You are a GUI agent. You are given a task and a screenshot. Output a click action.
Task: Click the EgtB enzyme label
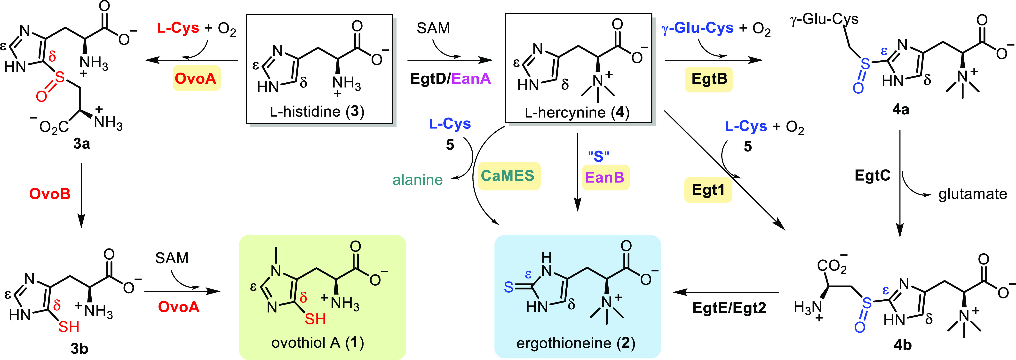point(709,79)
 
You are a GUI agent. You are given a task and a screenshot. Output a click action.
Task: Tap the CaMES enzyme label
point(508,176)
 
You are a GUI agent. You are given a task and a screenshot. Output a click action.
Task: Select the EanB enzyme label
point(605,177)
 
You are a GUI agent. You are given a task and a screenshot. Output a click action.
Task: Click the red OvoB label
point(50,194)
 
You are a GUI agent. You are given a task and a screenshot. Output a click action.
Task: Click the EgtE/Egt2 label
point(729,308)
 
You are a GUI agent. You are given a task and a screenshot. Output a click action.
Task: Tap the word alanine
point(417,180)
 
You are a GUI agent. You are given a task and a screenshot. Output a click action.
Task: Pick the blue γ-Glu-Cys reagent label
point(697,28)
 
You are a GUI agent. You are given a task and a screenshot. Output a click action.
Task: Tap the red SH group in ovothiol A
point(315,319)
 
